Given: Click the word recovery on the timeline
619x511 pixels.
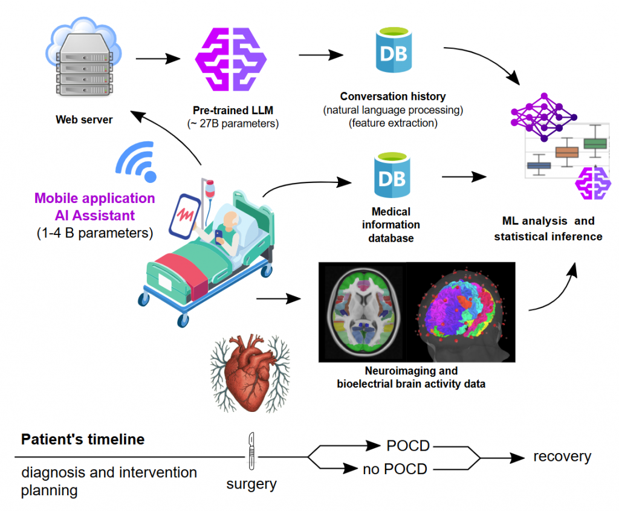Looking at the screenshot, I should click(562, 457).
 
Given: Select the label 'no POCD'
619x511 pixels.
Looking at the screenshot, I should click(395, 469).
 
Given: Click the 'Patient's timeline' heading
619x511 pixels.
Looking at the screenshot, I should click(83, 439).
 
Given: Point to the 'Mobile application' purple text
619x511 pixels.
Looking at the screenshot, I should click(94, 198).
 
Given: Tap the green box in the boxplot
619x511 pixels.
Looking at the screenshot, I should click(595, 144).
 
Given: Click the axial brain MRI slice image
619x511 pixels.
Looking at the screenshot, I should click(362, 312).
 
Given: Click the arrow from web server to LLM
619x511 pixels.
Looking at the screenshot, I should click(158, 59).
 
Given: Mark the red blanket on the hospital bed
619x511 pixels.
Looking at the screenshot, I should click(182, 272).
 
